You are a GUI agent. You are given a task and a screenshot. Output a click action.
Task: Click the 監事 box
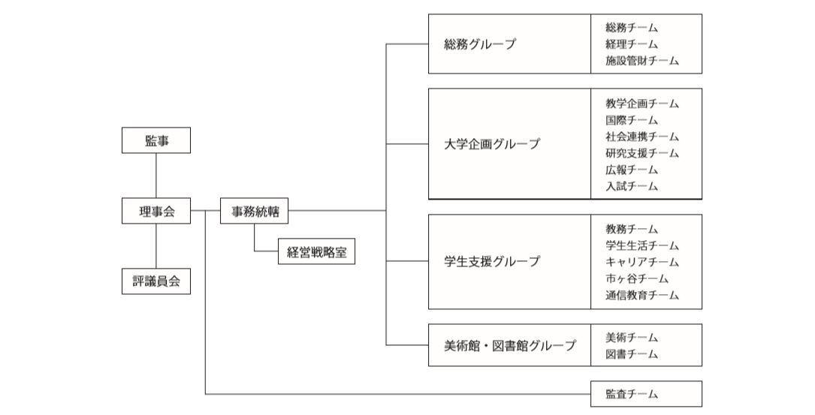(x=156, y=140)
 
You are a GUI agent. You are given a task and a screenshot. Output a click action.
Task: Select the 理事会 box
(x=156, y=211)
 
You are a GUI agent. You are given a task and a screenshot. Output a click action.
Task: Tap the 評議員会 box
(x=156, y=281)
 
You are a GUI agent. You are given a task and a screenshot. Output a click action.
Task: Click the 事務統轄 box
(x=254, y=211)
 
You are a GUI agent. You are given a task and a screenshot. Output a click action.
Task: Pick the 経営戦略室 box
(x=316, y=251)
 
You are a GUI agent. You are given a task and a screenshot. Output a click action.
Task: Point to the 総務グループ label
(x=480, y=44)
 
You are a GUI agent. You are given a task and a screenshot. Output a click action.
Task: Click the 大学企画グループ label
(x=492, y=144)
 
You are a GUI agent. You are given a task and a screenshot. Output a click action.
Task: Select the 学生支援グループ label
(x=492, y=261)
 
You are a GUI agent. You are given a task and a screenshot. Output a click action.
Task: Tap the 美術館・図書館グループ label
(x=510, y=345)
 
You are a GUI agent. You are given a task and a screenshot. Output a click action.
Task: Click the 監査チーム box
(x=646, y=394)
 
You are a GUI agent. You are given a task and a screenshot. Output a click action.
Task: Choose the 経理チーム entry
(x=632, y=44)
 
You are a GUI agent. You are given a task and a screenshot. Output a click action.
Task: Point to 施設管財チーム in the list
(x=642, y=61)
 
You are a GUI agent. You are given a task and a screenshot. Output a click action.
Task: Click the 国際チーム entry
(x=632, y=120)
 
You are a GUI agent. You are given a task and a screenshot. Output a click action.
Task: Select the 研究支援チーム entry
(x=642, y=153)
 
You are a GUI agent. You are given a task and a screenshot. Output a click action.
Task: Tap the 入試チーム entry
(x=632, y=186)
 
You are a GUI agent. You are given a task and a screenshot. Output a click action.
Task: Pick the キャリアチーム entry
(x=642, y=262)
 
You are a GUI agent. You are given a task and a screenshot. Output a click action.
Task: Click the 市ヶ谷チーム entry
(x=637, y=278)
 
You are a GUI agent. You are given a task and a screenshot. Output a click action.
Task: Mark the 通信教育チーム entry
(x=642, y=295)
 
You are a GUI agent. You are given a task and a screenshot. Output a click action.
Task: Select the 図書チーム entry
(x=632, y=354)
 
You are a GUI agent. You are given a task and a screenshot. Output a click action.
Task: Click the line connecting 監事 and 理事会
(x=156, y=176)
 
